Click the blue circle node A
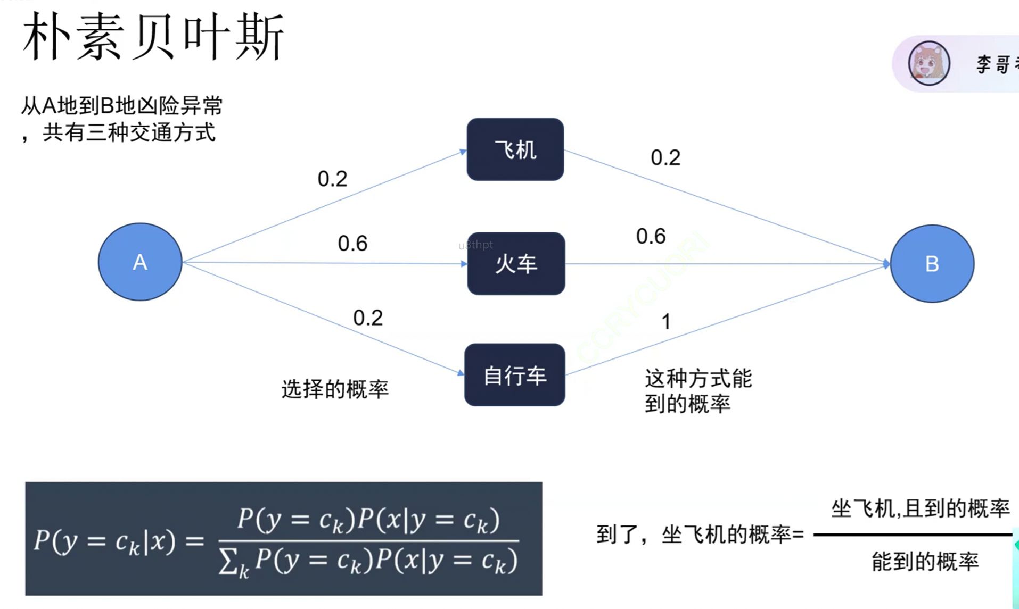140,262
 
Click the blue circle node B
932,263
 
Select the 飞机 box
515,149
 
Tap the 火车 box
516,264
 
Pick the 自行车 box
514,375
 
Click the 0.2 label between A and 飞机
332,179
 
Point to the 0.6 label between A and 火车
352,244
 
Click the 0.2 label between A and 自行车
368,318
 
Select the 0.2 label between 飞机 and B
665,157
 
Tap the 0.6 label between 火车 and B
651,236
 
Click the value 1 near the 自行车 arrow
665,322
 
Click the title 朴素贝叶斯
153,37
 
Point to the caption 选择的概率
335,389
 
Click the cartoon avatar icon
928,63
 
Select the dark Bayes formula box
283,538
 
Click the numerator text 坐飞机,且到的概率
920,509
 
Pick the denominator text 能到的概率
925,562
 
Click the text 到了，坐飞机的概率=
700,535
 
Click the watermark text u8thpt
475,245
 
